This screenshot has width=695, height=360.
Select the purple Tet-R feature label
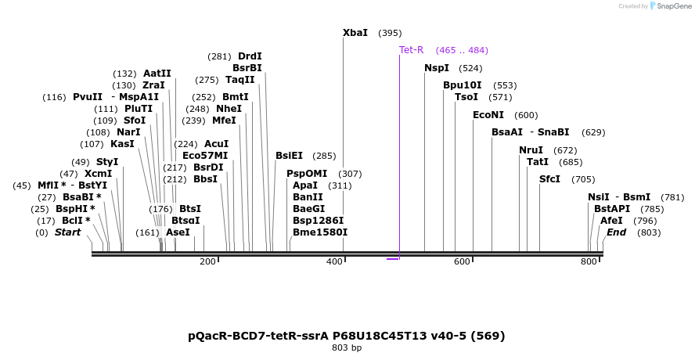coord(411,50)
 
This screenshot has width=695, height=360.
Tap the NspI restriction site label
coord(437,68)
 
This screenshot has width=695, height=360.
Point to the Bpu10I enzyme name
coord(462,85)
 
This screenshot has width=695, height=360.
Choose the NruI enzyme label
coord(531,150)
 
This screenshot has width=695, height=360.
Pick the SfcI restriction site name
coord(549,179)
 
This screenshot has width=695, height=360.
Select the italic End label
coord(616,232)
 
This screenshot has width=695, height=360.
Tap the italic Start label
coord(67,232)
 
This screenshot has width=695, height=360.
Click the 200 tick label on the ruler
coord(207,261)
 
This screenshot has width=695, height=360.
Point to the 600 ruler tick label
coord(461,261)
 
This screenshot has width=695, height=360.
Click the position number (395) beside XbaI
coord(390,34)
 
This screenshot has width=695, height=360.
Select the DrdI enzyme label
coord(250,56)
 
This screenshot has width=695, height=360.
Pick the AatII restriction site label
coord(157,74)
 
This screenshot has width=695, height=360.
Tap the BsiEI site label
coord(289,156)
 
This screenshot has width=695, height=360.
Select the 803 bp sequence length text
coord(347,347)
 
